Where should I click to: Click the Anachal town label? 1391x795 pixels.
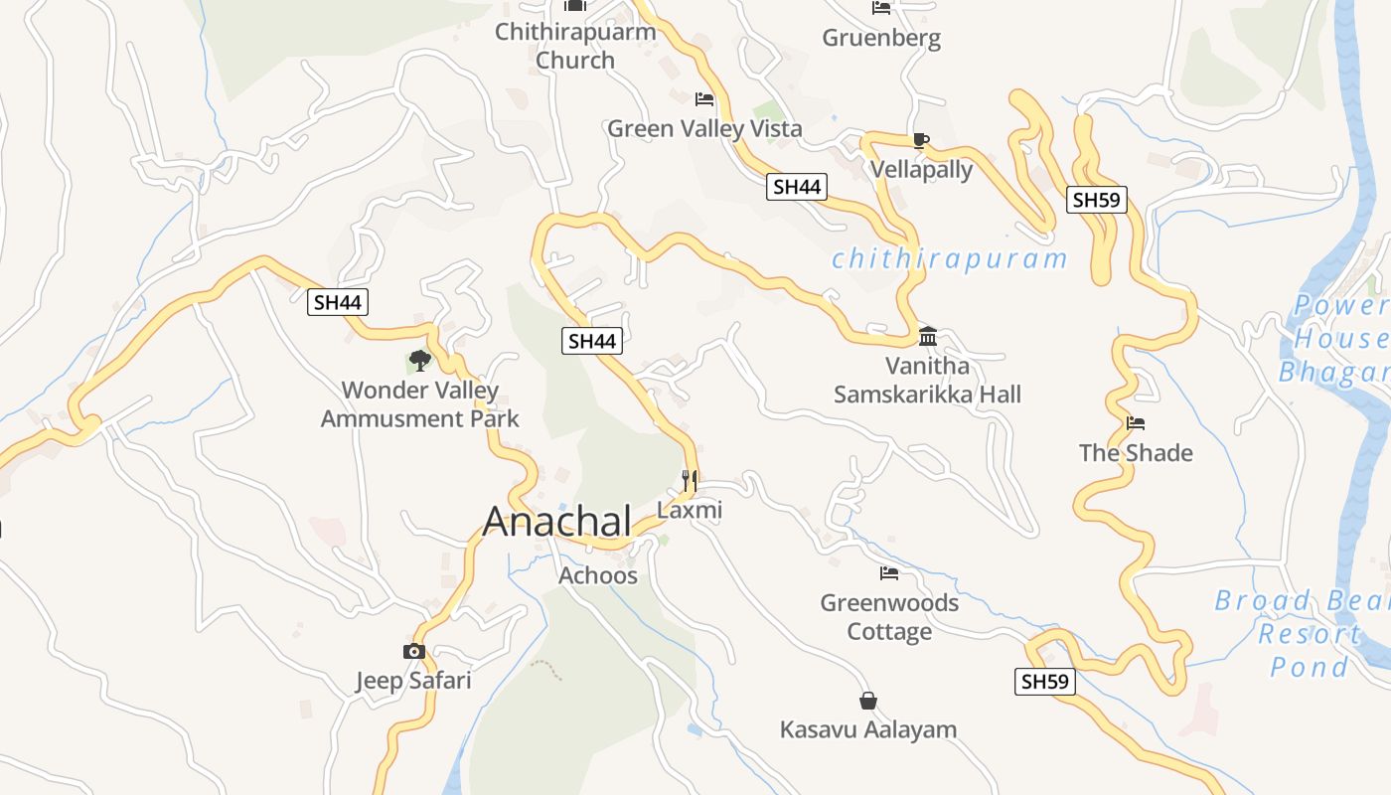(x=556, y=522)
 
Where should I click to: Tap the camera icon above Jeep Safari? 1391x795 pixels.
(x=414, y=652)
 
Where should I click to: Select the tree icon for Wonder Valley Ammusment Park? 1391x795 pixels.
(x=420, y=360)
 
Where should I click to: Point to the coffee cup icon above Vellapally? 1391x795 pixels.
(x=920, y=140)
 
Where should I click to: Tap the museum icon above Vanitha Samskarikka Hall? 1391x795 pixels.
(x=928, y=336)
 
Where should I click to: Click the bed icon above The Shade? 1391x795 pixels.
(x=1136, y=423)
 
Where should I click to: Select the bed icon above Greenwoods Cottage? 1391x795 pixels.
(x=889, y=573)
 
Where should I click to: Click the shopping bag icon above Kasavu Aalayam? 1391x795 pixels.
(x=868, y=701)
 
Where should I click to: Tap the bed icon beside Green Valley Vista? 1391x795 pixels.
(x=704, y=99)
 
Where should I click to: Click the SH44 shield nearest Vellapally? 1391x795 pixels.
(x=797, y=186)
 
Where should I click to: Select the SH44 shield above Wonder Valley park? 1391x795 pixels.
(x=338, y=302)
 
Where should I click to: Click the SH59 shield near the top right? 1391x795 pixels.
(x=1097, y=200)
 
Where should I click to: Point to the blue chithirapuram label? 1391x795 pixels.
(x=949, y=259)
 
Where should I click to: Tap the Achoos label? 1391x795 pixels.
(x=598, y=575)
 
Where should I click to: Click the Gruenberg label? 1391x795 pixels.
(x=881, y=39)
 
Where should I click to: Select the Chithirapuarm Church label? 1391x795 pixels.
(x=575, y=46)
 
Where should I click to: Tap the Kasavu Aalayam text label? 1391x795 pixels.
(x=868, y=729)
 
